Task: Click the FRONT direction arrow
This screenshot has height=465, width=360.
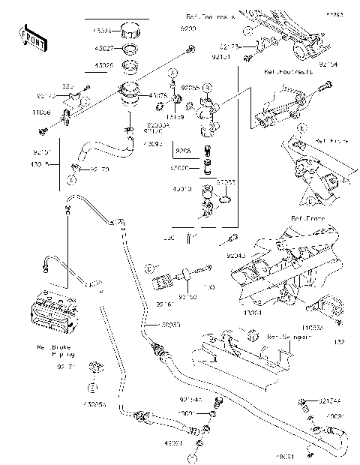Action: coord(31,37)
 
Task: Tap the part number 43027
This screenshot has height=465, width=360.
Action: coord(103,49)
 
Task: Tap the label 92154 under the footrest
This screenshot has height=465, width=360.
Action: coord(328,64)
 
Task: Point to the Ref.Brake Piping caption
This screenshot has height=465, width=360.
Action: coord(57,352)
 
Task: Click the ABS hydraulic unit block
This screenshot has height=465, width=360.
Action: coord(55,314)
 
